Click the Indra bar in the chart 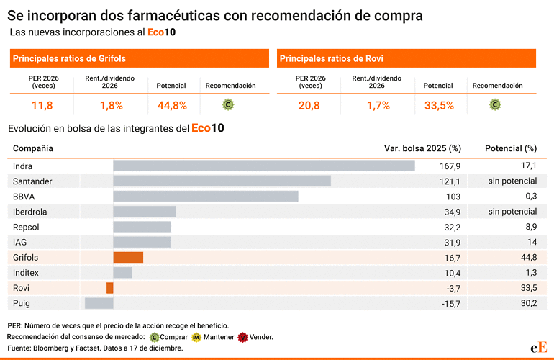(263, 166)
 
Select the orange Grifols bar (128, 257)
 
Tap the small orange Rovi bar (110, 288)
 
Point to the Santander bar (222, 181)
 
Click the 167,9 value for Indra (450, 166)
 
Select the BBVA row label (24, 197)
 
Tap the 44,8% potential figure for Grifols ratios (172, 105)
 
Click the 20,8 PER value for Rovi (310, 105)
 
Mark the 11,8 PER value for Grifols (42, 105)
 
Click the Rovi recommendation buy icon (495, 104)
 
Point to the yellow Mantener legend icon (196, 337)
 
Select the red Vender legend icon (243, 337)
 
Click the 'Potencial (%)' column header (511, 148)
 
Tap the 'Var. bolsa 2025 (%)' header (422, 148)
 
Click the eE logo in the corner (539, 346)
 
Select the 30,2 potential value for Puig (529, 303)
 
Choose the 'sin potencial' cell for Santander (512, 181)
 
